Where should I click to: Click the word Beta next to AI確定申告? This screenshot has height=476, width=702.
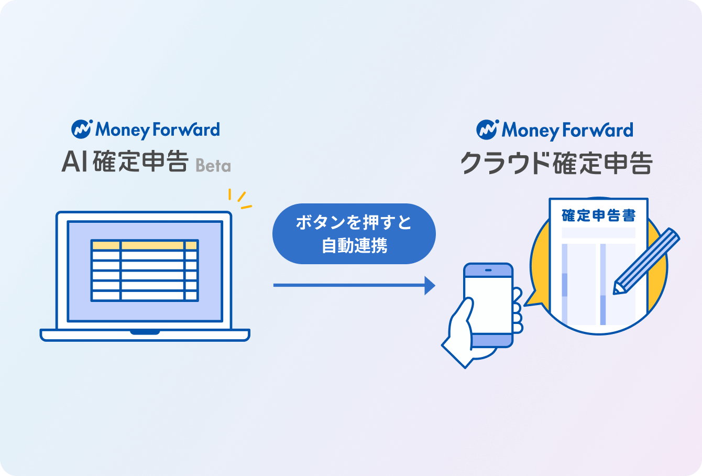click(x=213, y=166)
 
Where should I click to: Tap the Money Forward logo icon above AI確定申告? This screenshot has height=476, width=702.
click(x=82, y=129)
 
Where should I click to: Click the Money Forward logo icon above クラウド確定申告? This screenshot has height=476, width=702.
click(x=487, y=129)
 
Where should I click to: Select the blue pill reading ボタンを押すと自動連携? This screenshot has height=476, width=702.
click(x=354, y=234)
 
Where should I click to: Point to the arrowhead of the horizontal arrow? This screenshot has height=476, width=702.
click(x=430, y=285)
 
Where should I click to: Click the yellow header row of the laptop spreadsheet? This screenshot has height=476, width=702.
click(x=145, y=245)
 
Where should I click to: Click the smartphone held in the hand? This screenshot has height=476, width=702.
click(x=488, y=304)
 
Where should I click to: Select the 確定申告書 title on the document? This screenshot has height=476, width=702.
click(x=598, y=215)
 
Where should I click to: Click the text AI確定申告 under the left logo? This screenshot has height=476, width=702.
click(x=125, y=162)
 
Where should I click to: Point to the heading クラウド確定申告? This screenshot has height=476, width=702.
click(x=556, y=163)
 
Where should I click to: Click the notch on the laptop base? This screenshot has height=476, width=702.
click(x=145, y=332)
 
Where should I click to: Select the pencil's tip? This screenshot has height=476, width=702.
click(x=617, y=290)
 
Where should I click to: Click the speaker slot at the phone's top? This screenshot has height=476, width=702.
click(x=488, y=270)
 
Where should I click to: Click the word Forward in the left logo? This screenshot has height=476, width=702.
click(x=186, y=129)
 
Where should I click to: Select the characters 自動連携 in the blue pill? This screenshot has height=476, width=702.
click(x=354, y=245)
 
